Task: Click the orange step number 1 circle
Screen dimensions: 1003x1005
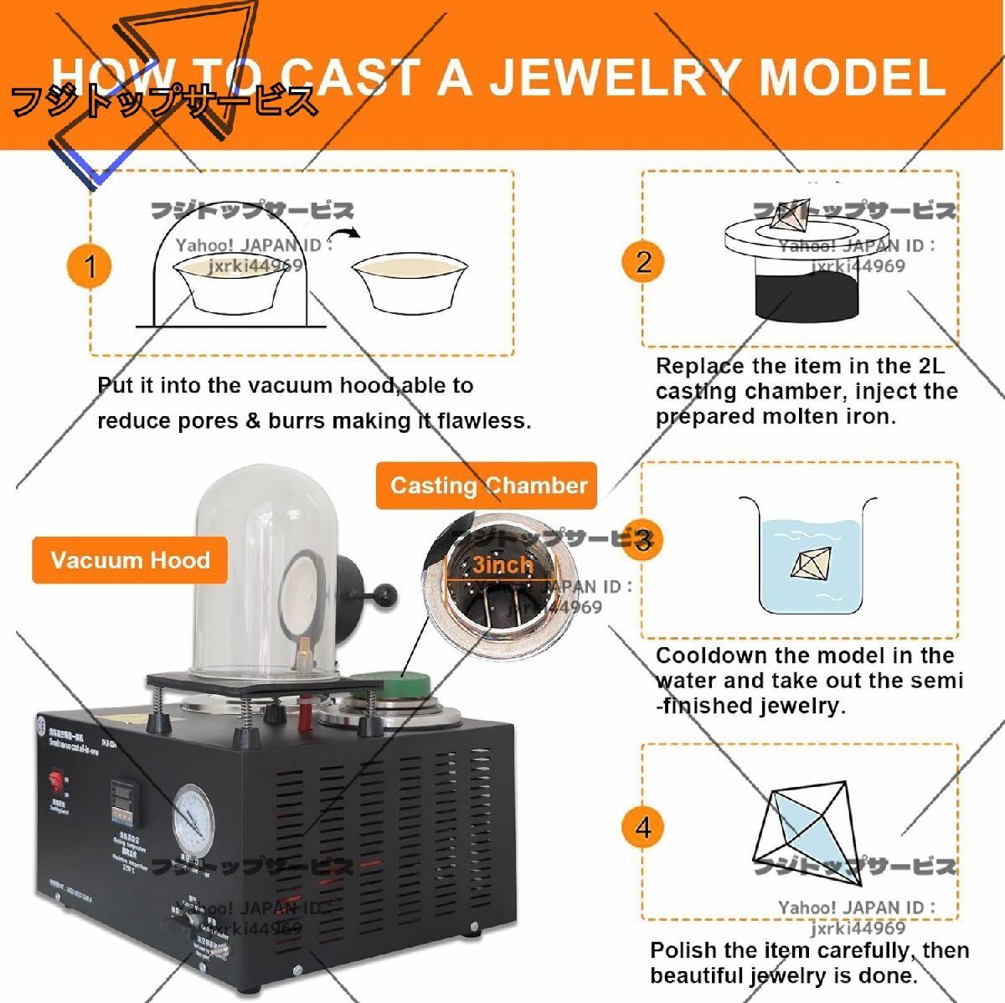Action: click(90, 267)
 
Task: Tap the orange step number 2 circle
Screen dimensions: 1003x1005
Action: click(643, 262)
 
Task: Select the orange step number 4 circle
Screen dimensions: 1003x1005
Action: click(643, 827)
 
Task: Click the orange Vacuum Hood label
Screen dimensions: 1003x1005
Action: click(130, 560)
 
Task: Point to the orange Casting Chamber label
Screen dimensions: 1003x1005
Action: click(487, 486)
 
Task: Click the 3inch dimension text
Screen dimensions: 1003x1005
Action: click(502, 565)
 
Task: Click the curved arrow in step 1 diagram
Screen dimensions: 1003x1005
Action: click(343, 235)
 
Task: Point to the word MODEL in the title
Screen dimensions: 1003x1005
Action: click(851, 77)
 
